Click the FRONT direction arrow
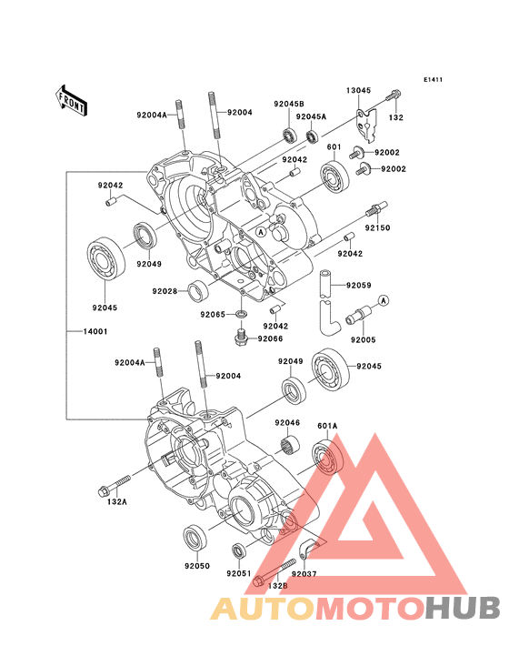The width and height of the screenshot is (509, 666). pos(71,101)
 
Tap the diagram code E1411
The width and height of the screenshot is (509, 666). pos(433,79)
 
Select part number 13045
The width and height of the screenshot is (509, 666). pos(358,90)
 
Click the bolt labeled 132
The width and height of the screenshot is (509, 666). pos(394,96)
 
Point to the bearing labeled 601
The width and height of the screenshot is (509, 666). pos(335,175)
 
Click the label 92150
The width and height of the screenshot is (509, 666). pos(377,228)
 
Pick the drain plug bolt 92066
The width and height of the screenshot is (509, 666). pos(242,336)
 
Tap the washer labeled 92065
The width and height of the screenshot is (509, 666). pos(242,315)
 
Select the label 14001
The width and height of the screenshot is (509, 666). pos(95,331)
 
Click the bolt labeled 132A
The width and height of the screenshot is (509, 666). pos(114,486)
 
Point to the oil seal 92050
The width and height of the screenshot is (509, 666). pos(195,538)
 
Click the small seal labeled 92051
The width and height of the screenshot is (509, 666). pos(239,551)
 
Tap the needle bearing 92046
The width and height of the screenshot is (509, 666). pos(290,445)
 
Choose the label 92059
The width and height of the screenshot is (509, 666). pos(358,286)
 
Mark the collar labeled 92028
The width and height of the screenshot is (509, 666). pos(197,292)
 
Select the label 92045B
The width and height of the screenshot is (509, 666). pos(289,104)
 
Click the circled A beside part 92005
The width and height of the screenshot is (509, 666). pos(384,301)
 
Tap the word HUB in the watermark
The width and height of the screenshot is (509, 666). pos(464,608)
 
